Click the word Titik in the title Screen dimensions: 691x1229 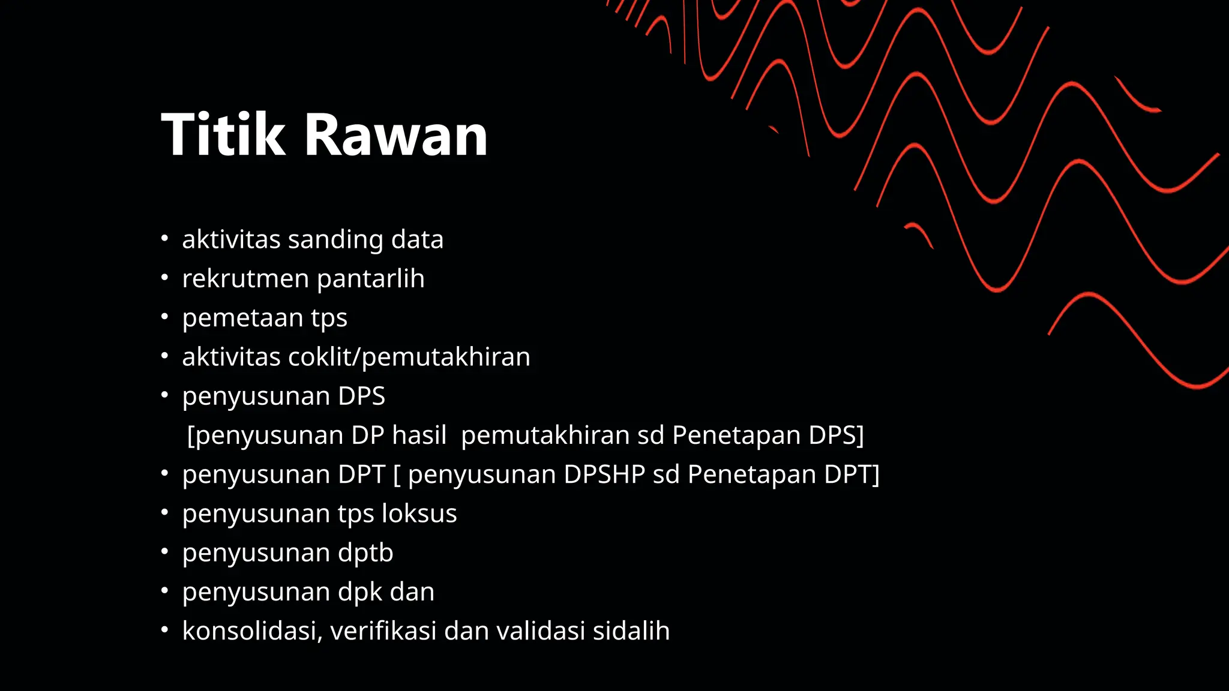point(223,136)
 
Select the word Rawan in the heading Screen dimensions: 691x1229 point(396,136)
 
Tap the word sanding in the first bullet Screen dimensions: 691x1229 point(335,240)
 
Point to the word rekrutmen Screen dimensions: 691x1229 point(245,279)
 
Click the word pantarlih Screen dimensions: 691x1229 point(370,279)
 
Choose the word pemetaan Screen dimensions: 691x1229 point(242,318)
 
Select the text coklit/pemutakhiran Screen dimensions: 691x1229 point(409,357)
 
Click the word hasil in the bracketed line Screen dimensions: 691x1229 point(419,435)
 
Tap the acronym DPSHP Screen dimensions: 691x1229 point(604,475)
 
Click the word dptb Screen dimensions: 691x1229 point(365,553)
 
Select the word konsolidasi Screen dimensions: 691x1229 point(252,632)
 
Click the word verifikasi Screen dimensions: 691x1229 point(383,632)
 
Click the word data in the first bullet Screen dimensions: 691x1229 point(417,240)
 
